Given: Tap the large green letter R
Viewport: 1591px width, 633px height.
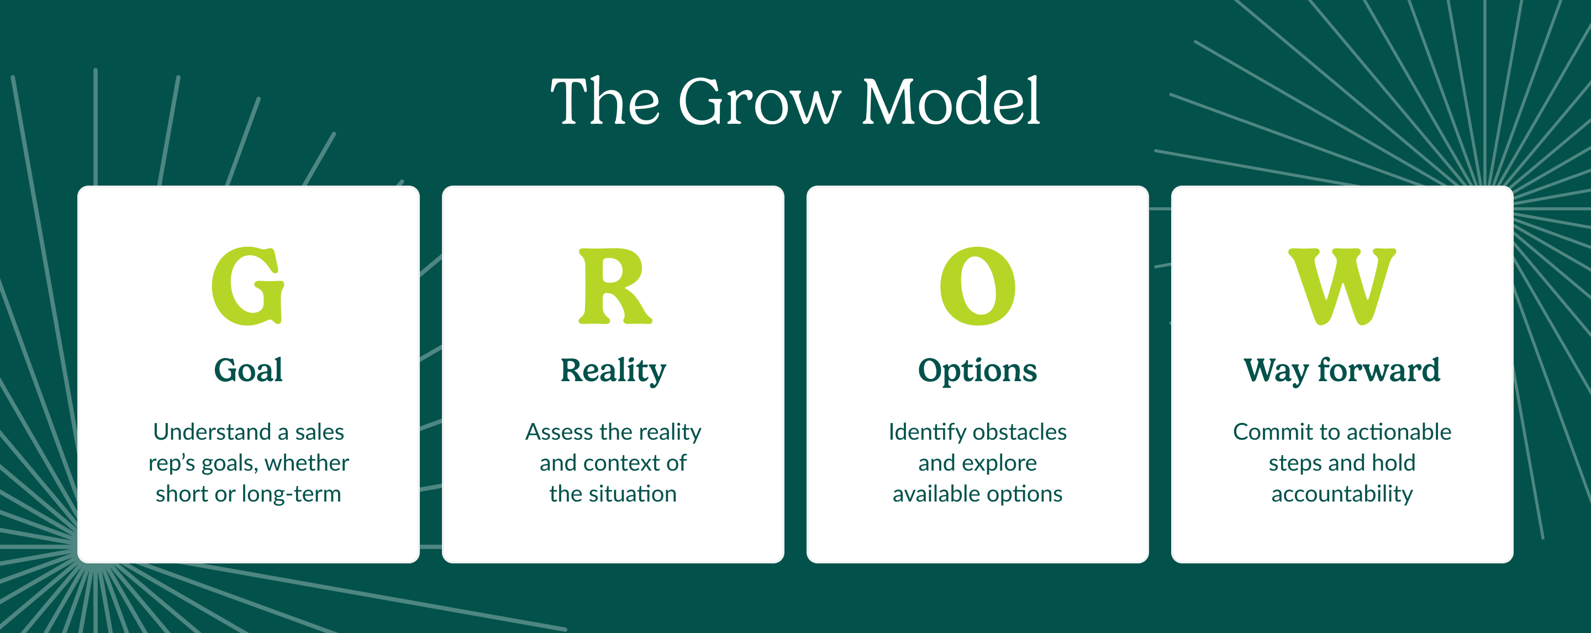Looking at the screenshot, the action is (614, 286).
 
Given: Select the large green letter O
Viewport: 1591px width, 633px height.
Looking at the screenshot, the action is (978, 286).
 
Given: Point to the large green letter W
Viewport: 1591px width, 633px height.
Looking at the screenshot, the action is (1342, 287).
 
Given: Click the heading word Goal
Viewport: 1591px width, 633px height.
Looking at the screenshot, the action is (248, 371).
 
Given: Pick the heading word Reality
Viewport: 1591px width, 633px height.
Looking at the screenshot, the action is (613, 372).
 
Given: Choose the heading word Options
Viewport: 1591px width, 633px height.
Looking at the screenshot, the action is (978, 372).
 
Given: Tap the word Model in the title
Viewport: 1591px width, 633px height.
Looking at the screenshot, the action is (951, 101).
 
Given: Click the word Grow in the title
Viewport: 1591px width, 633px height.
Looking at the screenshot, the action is (760, 101).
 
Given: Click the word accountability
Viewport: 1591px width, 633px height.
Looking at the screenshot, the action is (1342, 494).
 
